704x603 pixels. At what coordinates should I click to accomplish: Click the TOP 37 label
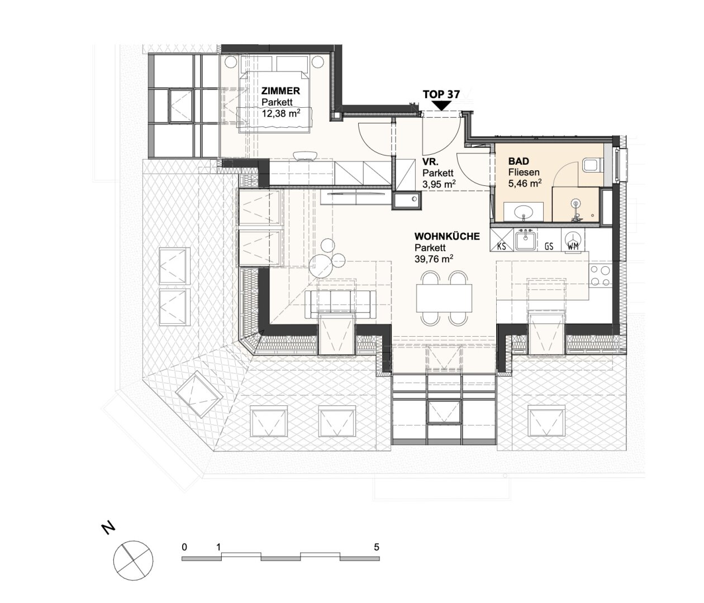[441, 94]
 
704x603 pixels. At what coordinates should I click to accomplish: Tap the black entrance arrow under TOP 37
[442, 106]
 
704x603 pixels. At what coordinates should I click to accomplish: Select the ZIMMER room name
[280, 91]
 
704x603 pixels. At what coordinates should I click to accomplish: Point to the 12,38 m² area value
[281, 113]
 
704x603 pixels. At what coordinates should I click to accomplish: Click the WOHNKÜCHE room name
[447, 237]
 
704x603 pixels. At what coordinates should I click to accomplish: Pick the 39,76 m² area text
[434, 259]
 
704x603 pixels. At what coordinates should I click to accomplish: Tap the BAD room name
[519, 161]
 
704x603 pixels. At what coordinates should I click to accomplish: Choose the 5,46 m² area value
[525, 184]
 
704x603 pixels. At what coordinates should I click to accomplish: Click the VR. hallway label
[430, 161]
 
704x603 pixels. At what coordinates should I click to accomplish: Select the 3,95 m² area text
[439, 184]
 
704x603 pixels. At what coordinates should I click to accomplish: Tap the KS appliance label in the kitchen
[502, 246]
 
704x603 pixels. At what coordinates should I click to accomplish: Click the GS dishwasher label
[549, 246]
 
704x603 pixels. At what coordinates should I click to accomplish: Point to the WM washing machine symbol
[573, 240]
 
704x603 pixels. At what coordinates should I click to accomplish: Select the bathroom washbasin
[524, 212]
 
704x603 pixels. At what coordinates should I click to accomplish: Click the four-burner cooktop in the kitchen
[600, 275]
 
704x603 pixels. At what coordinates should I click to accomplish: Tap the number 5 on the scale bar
[377, 547]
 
